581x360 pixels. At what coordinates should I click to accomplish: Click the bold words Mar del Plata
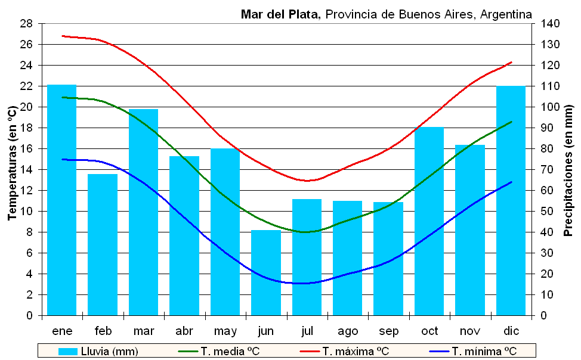pos(281,14)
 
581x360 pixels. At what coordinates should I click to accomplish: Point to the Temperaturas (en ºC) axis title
pos(12,163)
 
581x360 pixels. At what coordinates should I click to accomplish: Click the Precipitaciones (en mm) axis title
pos(568,169)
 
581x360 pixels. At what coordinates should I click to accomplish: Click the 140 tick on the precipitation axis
pos(551,24)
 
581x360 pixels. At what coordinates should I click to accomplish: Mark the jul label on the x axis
pos(307,331)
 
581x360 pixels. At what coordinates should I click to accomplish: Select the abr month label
pos(184,331)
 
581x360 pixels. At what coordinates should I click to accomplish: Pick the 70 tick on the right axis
pos(548,170)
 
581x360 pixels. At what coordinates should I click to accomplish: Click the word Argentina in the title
pos(504,14)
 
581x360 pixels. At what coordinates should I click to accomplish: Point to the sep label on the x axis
pos(388,331)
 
